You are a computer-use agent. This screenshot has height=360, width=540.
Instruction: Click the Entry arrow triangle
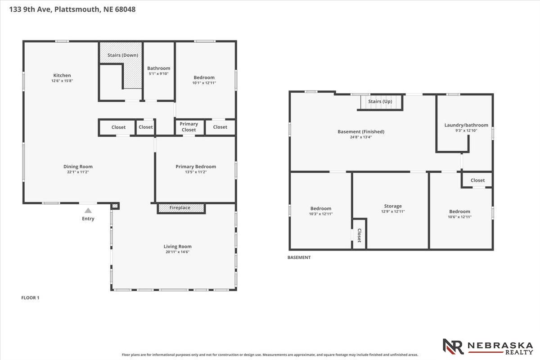(88, 211)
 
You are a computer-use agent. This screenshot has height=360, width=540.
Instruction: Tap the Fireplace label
(180, 207)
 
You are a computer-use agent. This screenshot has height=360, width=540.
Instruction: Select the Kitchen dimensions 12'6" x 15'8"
(62, 81)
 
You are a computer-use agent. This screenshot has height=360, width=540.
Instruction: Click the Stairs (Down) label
(123, 55)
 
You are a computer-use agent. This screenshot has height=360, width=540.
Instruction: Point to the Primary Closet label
(189, 127)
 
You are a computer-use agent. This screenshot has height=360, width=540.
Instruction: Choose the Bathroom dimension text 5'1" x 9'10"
(158, 73)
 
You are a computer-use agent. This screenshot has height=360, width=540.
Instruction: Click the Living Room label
(177, 247)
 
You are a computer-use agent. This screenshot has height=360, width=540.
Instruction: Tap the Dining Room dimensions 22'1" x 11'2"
(78, 172)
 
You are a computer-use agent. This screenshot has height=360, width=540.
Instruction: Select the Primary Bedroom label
(196, 166)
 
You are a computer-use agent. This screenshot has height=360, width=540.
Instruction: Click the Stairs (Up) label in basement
(380, 102)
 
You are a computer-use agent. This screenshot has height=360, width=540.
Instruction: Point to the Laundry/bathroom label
(466, 125)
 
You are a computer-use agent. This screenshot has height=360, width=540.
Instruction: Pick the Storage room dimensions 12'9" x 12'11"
(393, 211)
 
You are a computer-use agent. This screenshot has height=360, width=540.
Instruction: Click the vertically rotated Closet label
(359, 235)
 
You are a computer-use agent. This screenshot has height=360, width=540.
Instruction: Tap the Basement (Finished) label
(361, 132)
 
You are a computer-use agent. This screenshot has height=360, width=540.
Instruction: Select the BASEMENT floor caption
(299, 257)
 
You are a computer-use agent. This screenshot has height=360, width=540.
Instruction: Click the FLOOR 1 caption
(30, 298)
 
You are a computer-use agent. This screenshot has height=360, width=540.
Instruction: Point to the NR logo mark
(453, 346)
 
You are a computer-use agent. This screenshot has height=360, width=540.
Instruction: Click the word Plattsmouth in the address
(76, 9)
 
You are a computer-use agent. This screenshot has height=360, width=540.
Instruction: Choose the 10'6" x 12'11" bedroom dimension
(459, 217)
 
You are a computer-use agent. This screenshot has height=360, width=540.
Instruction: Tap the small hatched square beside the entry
(115, 206)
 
